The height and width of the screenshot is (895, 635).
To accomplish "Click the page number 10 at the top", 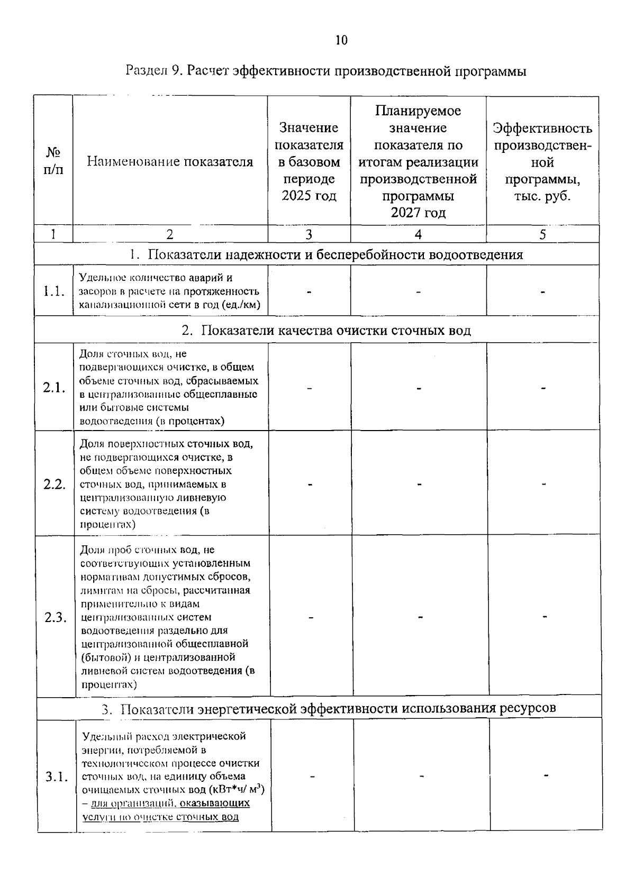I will [341, 40].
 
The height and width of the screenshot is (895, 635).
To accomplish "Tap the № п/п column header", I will [53, 161].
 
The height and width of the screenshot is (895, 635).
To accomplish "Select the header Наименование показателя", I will [170, 162].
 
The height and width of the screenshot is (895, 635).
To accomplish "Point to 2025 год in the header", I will [309, 196].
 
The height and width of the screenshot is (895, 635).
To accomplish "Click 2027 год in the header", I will [418, 213].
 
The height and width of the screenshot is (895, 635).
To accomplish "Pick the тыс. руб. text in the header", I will [542, 196].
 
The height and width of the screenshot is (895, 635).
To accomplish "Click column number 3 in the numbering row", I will [309, 234].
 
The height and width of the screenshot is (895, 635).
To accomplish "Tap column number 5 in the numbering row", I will [542, 234].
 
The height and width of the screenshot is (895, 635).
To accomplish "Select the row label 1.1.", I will [54, 291].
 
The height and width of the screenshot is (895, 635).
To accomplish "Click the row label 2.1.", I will [54, 388].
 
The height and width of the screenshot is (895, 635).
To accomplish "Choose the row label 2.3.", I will [55, 617].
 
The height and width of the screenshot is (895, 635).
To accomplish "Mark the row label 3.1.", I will [56, 777].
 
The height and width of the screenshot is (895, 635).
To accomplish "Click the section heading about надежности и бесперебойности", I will [326, 255].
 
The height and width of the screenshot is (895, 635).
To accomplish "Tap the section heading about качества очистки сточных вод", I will [326, 331].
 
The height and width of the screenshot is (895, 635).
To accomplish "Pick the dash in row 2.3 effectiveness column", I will [545, 617].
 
